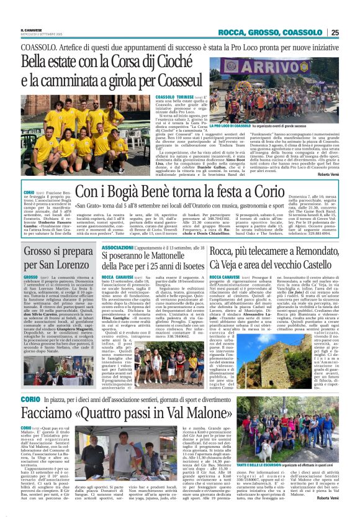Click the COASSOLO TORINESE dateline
tap(173, 98)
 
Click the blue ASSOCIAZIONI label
tap(116, 247)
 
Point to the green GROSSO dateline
tap(31, 277)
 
